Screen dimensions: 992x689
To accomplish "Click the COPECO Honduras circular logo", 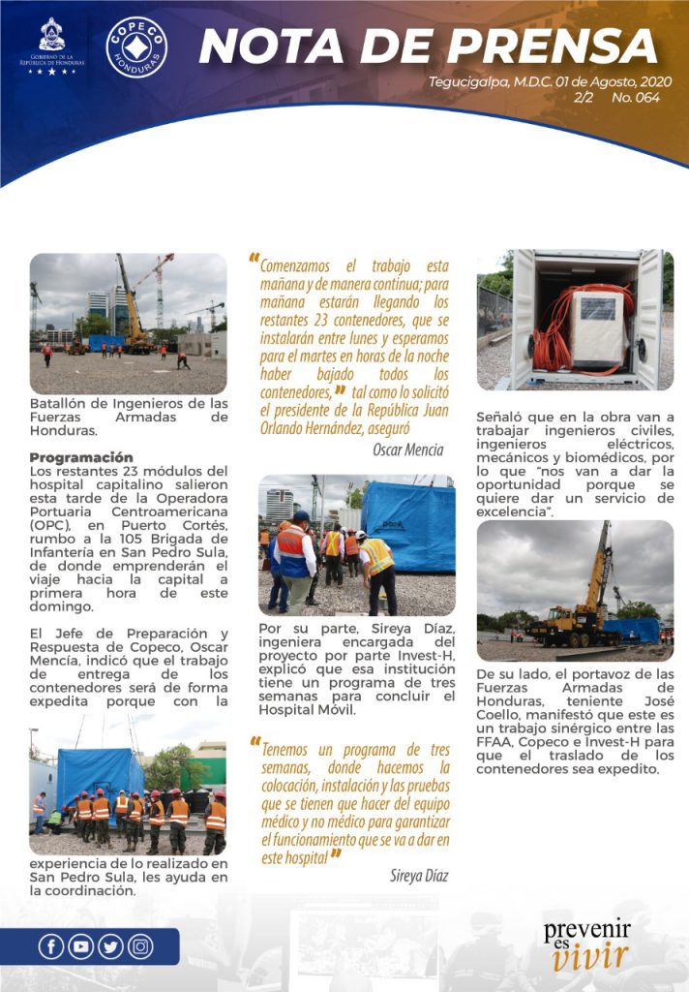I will click(136, 46).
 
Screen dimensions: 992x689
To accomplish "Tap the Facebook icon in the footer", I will click(51, 945).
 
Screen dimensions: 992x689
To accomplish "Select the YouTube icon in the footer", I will click(80, 945).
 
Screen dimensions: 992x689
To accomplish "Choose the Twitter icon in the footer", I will click(110, 945).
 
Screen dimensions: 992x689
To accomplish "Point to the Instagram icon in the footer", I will click(140, 945).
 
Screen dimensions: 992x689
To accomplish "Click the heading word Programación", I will click(81, 457).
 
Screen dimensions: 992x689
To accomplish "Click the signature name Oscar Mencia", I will click(407, 449).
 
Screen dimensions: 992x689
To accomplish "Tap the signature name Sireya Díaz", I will click(417, 876).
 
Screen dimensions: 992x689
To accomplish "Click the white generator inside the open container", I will click(598, 329).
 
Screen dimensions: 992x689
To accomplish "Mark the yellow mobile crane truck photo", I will click(575, 583).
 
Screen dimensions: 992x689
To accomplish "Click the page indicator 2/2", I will click(584, 98).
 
